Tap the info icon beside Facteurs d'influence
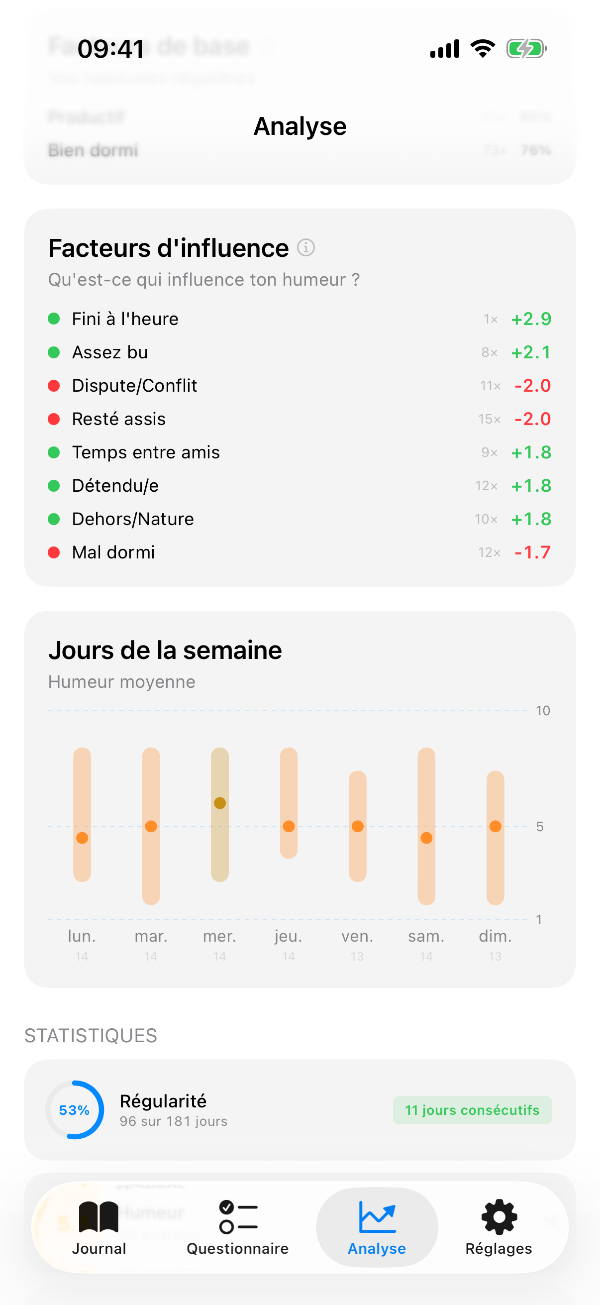[306, 248]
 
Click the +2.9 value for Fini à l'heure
[531, 319]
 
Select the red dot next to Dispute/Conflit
[54, 386]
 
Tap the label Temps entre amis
[146, 452]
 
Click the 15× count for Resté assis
[489, 419]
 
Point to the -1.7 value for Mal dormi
[532, 552]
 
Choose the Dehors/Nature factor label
[133, 519]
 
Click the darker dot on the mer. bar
[220, 803]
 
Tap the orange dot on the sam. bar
[426, 838]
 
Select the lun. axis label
[82, 936]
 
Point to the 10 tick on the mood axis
[543, 711]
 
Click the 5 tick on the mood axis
[540, 827]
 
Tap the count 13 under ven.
[357, 957]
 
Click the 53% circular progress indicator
[75, 1110]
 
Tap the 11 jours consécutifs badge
[472, 1110]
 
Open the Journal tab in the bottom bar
[99, 1226]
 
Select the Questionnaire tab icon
[238, 1217]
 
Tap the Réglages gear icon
[499, 1217]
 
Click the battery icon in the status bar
[526, 49]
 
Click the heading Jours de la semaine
[165, 651]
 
